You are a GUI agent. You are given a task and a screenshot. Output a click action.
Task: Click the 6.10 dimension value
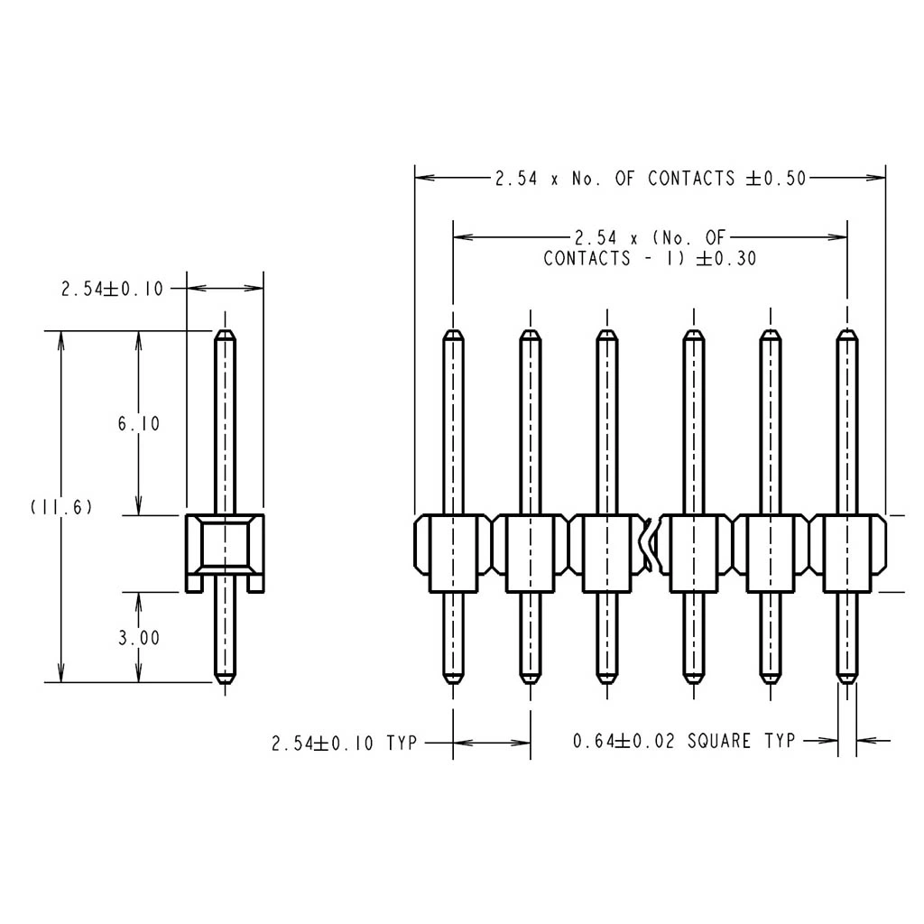tap(139, 423)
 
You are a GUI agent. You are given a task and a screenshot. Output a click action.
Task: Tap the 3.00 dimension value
tap(139, 638)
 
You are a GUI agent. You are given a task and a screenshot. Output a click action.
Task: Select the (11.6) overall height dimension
tap(61, 507)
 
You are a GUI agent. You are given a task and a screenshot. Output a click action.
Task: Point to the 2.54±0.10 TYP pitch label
tap(344, 743)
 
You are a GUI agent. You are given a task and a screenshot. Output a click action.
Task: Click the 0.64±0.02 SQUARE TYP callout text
tap(684, 740)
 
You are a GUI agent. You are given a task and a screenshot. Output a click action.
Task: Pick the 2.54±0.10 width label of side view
tap(112, 289)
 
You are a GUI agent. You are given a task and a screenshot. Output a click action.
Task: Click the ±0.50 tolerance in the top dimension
tap(776, 178)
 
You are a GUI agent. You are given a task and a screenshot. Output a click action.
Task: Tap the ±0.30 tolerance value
tap(726, 258)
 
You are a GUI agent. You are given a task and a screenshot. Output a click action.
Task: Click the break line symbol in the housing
tap(648, 545)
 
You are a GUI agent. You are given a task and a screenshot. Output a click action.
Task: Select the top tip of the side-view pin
tap(225, 330)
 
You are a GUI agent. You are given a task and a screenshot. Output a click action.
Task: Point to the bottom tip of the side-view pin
tap(225, 683)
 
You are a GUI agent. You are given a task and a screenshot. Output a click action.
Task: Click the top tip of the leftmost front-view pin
tap(453, 330)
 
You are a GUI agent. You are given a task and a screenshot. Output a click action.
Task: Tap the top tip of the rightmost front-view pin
tap(847, 330)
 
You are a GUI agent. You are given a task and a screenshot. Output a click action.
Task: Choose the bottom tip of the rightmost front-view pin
tap(847, 683)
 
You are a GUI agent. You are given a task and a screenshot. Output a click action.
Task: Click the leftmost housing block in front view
tap(453, 553)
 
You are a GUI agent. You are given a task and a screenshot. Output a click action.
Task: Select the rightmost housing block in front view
tap(847, 553)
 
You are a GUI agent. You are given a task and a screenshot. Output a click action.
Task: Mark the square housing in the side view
tap(225, 553)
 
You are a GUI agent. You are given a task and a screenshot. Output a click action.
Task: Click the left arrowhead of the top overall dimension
tap(424, 178)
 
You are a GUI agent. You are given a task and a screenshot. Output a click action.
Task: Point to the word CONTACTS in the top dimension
tap(691, 178)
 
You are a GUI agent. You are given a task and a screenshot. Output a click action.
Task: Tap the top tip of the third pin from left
tap(607, 330)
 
